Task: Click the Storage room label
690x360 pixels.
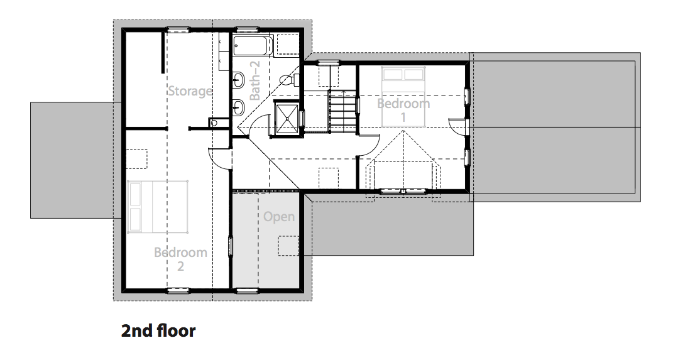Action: pos(190,91)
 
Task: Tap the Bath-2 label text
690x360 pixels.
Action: pos(255,80)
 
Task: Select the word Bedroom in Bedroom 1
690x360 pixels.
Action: pos(403,104)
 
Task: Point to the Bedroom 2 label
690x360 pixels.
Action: pos(180,259)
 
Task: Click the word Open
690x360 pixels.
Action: pos(279,217)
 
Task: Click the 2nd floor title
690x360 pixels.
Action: pos(158,331)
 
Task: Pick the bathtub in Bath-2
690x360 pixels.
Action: pos(253,46)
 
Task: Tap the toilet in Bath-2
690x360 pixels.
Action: pos(289,80)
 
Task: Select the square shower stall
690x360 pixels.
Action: pos(287,118)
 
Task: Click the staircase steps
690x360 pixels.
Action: pos(342,111)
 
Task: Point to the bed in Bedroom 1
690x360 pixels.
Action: pos(403,97)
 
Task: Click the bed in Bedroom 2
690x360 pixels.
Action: pos(158,207)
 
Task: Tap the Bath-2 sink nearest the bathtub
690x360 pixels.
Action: pos(238,80)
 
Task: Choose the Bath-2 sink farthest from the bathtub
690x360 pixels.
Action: pos(238,107)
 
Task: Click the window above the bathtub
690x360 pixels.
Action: pos(247,30)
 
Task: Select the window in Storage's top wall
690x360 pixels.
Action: pos(178,30)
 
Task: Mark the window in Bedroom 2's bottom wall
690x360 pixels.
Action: pos(178,290)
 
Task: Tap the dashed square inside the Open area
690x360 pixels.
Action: pos(288,246)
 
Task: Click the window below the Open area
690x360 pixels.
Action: pos(247,290)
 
